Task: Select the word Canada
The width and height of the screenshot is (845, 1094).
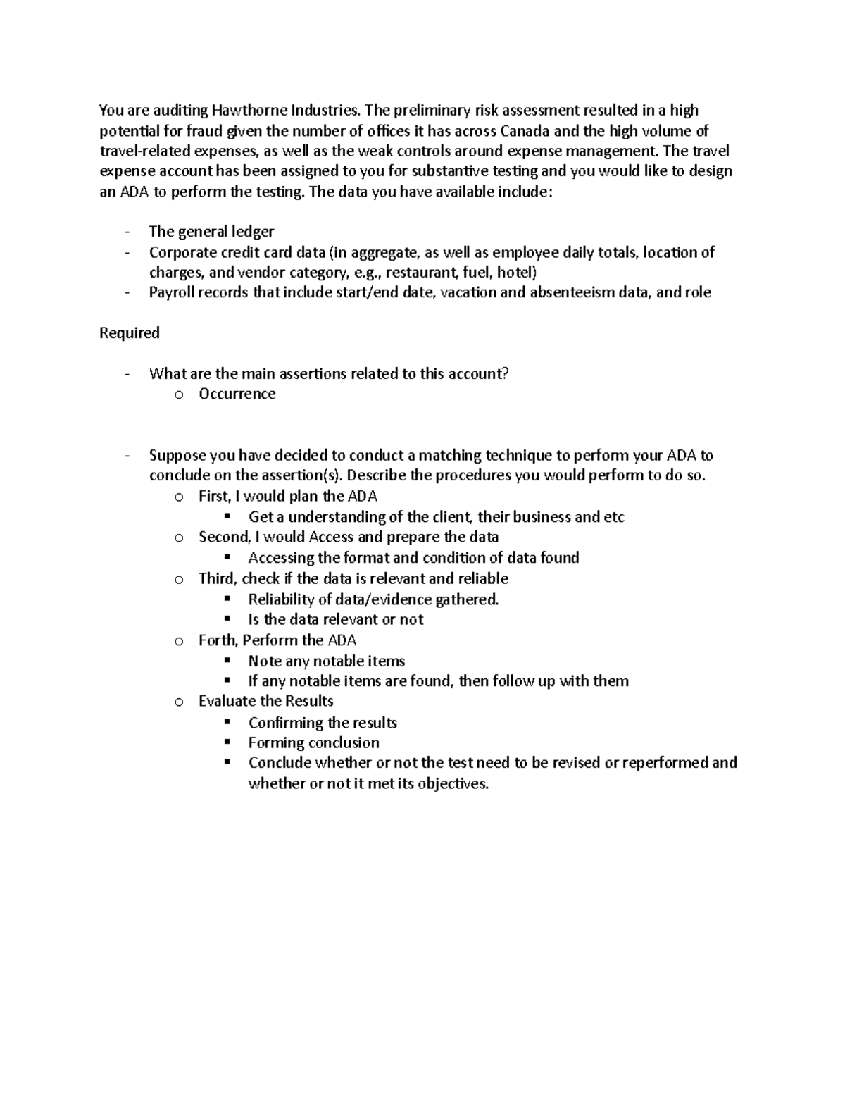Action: [x=525, y=130]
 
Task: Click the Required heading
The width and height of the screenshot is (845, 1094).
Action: [x=130, y=332]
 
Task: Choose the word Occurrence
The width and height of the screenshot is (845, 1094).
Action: [x=237, y=394]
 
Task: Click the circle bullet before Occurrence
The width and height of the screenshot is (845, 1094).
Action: [x=179, y=395]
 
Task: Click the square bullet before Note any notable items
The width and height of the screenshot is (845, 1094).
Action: [x=227, y=661]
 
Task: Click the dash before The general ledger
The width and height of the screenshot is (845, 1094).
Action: [x=126, y=232]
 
